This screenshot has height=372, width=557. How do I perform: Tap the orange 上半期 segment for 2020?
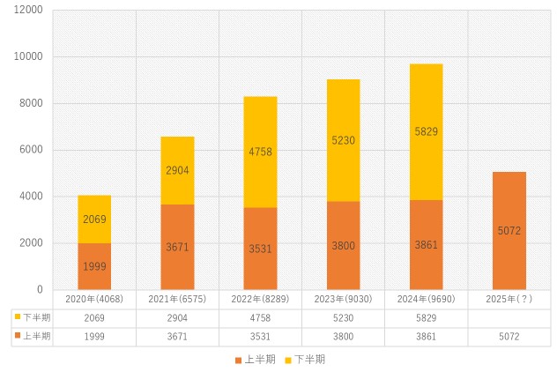tap(94, 266)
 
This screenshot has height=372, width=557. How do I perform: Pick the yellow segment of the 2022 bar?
tap(260, 152)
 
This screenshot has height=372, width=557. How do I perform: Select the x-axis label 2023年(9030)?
tap(343, 299)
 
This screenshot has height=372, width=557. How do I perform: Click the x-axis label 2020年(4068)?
tap(94, 299)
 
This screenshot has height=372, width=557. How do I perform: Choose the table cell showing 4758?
tap(260, 317)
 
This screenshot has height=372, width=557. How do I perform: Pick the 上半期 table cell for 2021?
tap(177, 336)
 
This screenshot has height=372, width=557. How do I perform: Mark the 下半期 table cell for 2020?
tap(94, 317)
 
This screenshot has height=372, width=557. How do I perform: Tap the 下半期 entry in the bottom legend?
tap(305, 360)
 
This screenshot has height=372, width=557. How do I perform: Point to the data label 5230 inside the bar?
tap(343, 139)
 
